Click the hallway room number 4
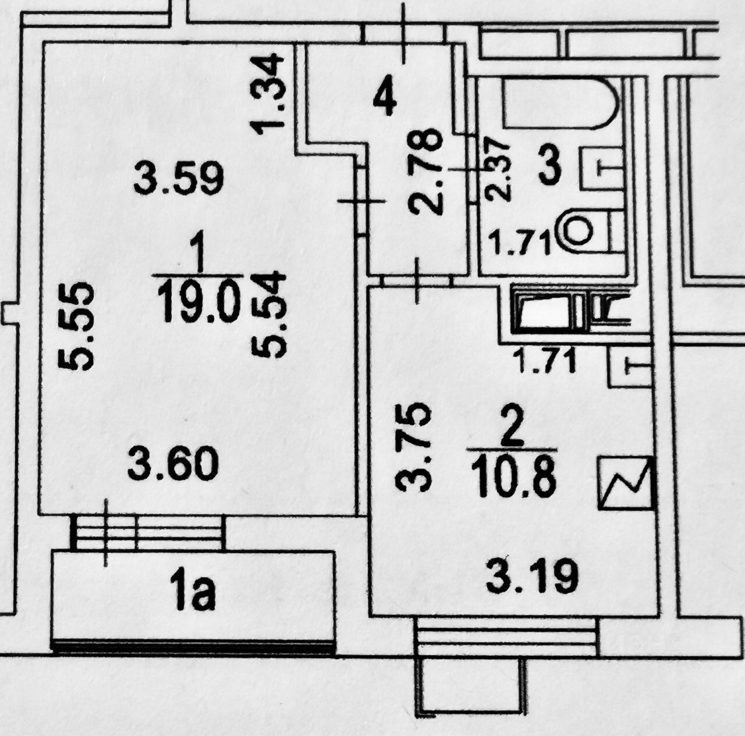(x=385, y=99)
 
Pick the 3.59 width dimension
(x=179, y=179)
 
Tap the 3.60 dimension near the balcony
(x=173, y=465)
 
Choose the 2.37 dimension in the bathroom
(x=498, y=169)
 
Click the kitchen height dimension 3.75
(x=414, y=447)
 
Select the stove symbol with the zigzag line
(x=625, y=483)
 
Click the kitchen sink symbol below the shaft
(x=629, y=367)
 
